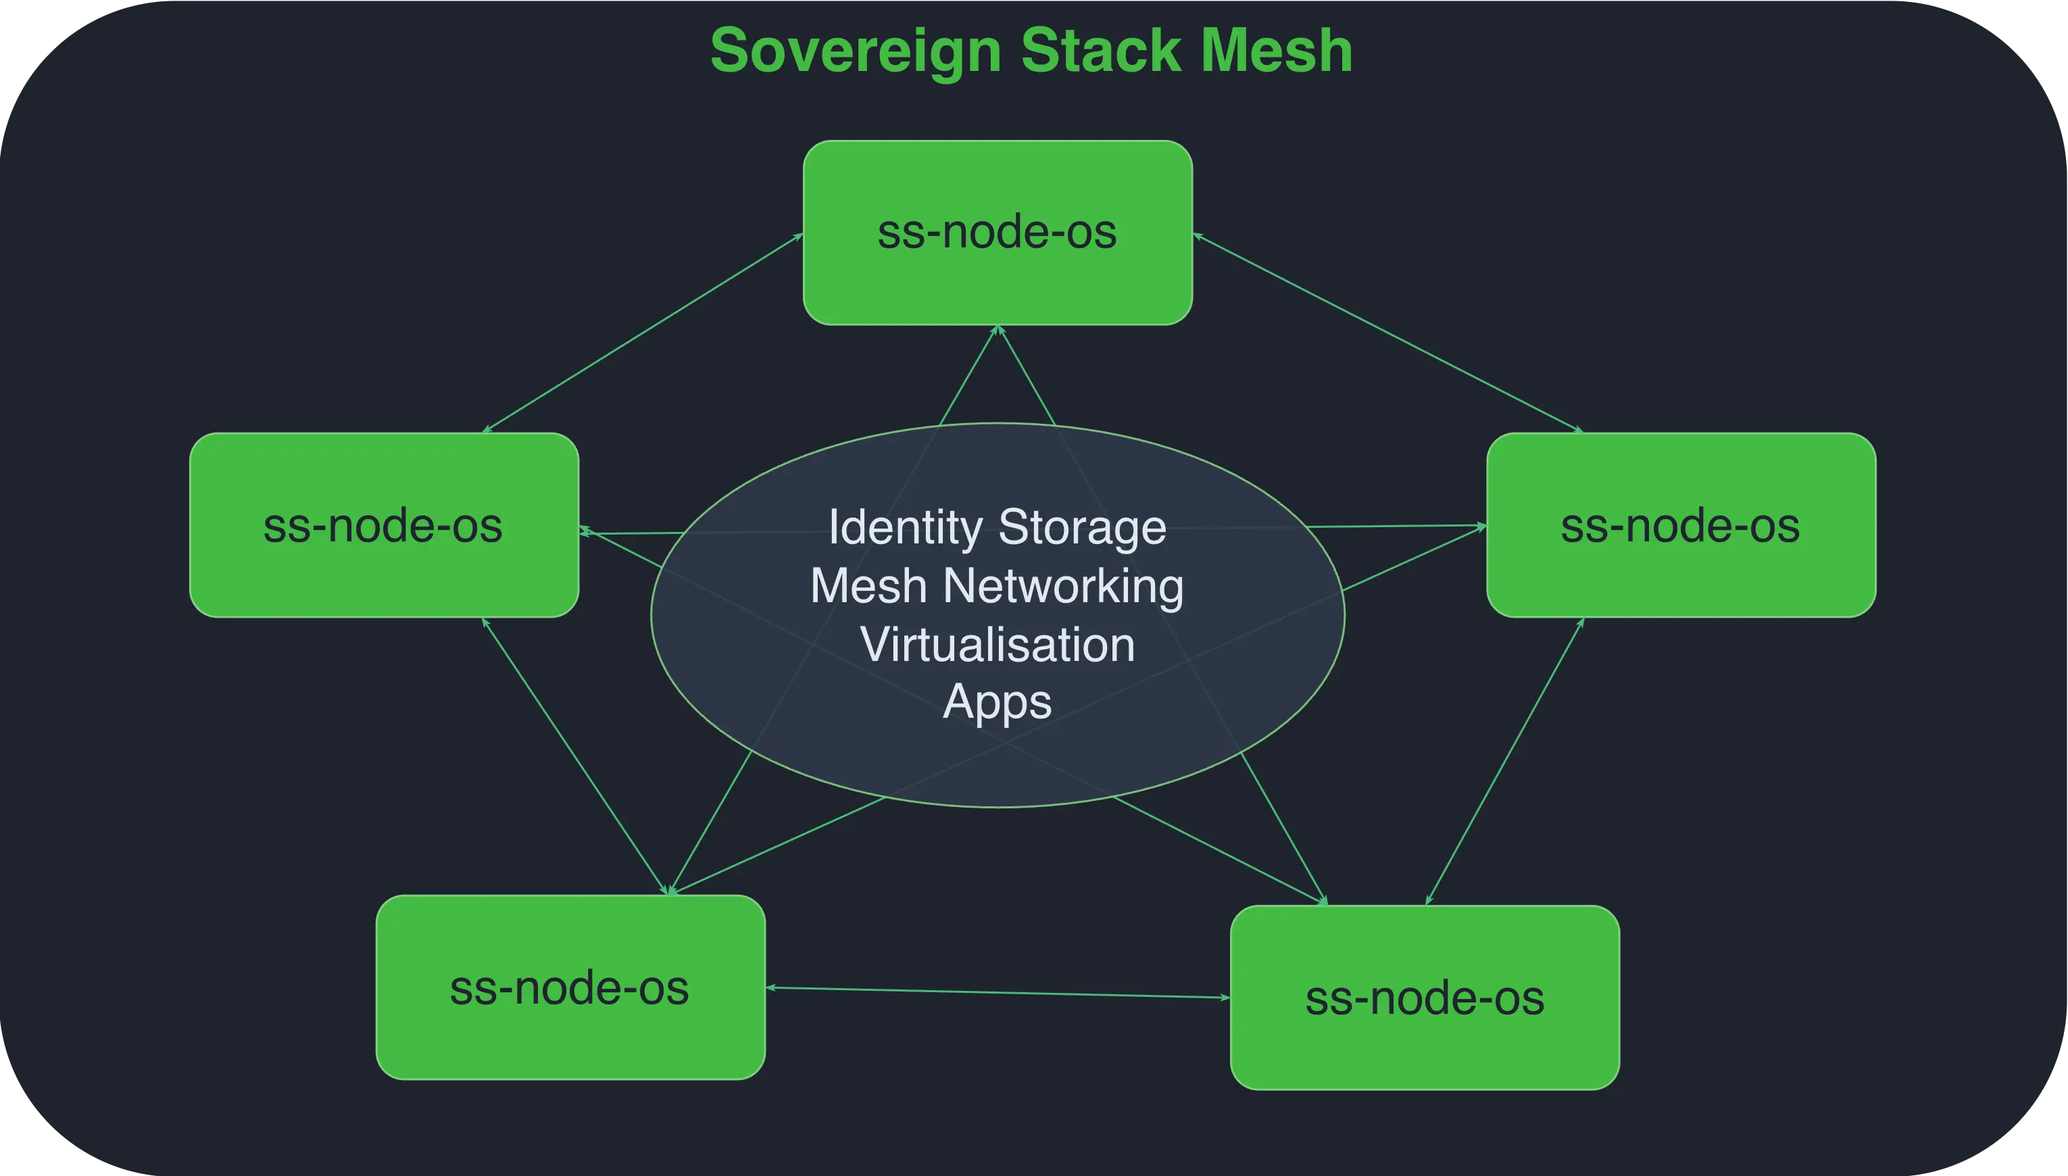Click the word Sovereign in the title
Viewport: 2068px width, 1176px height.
(855, 50)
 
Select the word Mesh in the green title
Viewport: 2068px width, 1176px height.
(1276, 50)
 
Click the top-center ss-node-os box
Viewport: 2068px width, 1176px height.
(998, 232)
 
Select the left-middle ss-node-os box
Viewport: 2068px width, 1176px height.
(384, 525)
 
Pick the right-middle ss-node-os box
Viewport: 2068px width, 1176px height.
(1680, 525)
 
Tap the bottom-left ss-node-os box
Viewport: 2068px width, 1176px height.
(570, 987)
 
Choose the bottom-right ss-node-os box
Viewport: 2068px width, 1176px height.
(1425, 998)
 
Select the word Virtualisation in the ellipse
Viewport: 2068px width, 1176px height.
(998, 645)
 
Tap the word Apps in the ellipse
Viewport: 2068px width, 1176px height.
(998, 701)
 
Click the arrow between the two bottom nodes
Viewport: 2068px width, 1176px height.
(998, 993)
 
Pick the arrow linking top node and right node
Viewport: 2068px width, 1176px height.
(1387, 332)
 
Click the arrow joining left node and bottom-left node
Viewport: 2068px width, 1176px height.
(576, 756)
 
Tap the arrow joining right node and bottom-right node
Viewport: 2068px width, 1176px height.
(1504, 761)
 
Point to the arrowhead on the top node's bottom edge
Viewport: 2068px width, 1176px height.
(998, 330)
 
